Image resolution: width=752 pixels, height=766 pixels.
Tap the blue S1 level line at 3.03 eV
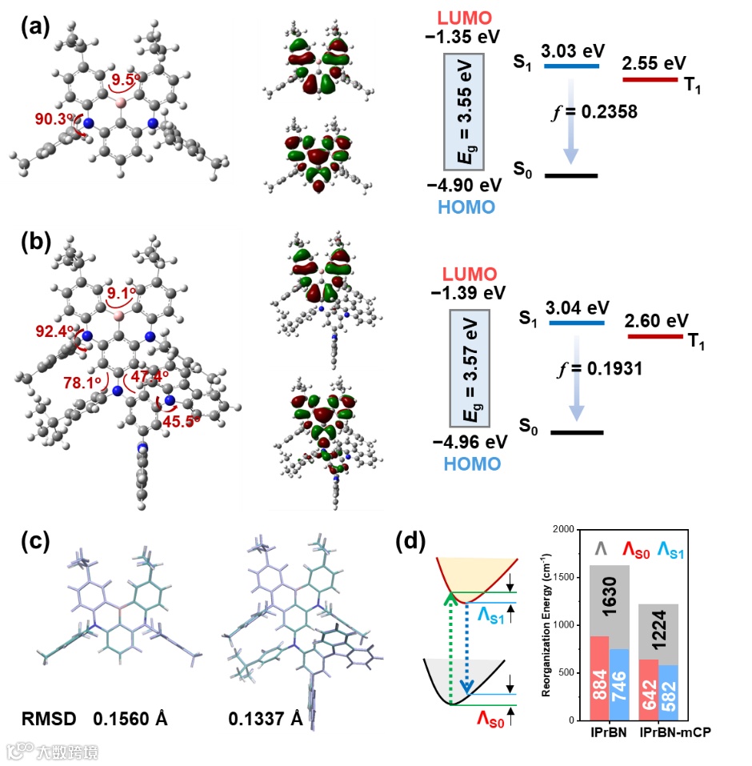point(571,66)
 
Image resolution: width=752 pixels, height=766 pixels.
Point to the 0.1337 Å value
point(266,718)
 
